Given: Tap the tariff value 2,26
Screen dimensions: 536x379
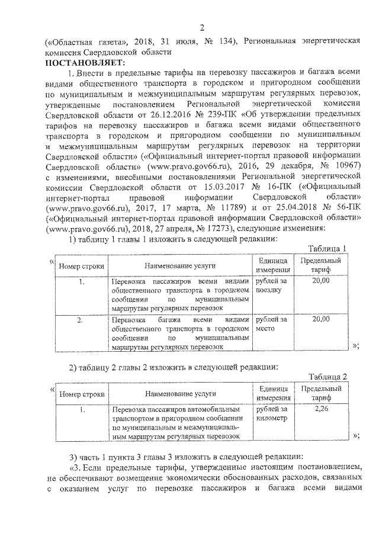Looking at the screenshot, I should coord(320,409).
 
